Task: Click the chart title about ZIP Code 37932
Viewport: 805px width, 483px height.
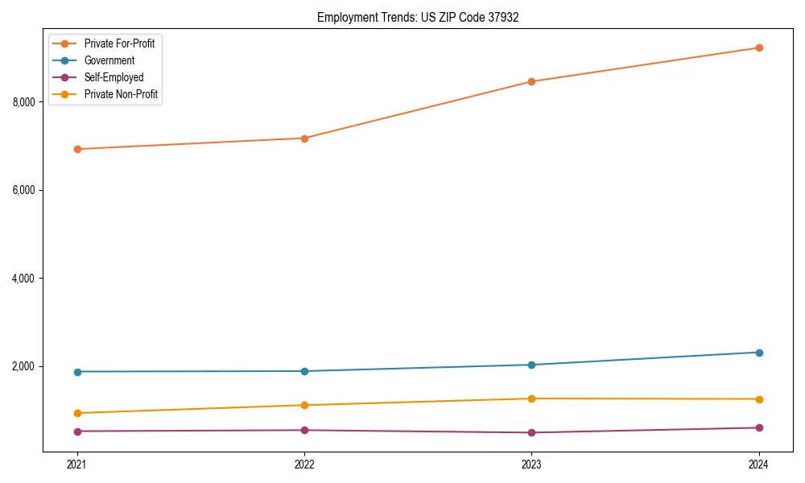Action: tap(412, 17)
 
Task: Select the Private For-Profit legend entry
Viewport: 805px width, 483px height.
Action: tap(119, 43)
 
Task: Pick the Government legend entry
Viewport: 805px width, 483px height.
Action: tap(109, 60)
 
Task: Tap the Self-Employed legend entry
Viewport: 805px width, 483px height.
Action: tap(114, 77)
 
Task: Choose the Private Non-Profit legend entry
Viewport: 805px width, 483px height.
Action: tap(121, 94)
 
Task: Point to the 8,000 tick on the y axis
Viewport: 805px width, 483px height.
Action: tap(24, 102)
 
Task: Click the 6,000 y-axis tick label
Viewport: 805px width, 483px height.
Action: tap(24, 190)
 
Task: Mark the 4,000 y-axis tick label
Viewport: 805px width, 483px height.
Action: tap(24, 279)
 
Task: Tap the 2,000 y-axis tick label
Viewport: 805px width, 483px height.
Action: tap(24, 366)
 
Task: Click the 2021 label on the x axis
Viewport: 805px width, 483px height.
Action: tap(77, 464)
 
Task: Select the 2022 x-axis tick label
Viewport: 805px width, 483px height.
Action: tap(304, 464)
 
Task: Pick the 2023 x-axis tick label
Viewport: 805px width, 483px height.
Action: tap(531, 464)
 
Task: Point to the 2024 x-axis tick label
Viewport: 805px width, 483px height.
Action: tap(759, 464)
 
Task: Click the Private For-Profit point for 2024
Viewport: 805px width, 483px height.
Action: tap(759, 47)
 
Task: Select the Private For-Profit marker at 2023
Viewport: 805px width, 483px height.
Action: tap(531, 81)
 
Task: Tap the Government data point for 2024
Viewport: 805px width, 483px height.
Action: tap(759, 353)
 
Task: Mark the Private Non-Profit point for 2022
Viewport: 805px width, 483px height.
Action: tap(304, 405)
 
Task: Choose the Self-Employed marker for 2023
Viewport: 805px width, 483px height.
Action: tap(531, 432)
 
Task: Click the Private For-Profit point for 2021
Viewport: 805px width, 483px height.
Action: tap(77, 149)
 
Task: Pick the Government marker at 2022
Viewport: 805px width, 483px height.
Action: tap(304, 371)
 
